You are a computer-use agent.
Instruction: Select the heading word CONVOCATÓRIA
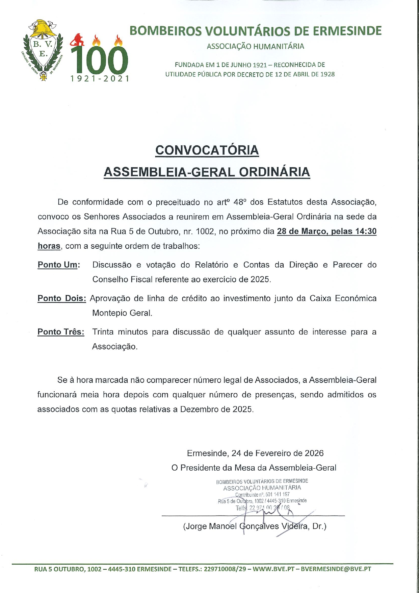pyautogui.click(x=207, y=150)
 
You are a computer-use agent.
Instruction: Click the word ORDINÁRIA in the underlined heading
pyautogui.click(x=274, y=172)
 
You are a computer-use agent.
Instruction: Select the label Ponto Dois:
pyautogui.click(x=62, y=298)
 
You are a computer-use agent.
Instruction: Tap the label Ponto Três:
pyautogui.click(x=61, y=332)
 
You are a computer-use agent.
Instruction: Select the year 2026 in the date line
pyautogui.click(x=314, y=453)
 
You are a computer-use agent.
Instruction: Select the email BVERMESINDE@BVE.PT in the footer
pyautogui.click(x=336, y=569)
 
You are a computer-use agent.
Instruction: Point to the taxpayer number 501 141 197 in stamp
pyautogui.click(x=278, y=494)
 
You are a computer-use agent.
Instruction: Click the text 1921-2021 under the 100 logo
pyautogui.click(x=100, y=79)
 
